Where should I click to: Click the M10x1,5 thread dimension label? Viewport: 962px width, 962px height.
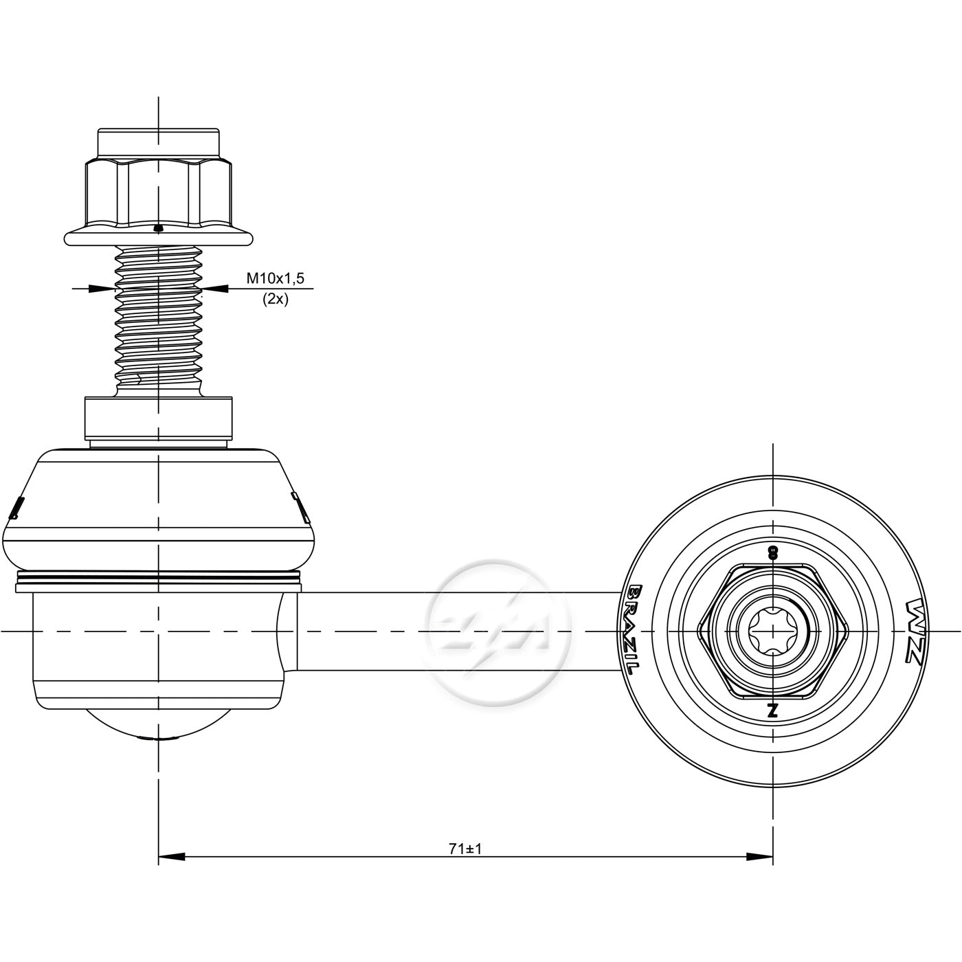pyautogui.click(x=275, y=278)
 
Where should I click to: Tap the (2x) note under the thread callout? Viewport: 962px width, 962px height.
pyautogui.click(x=275, y=299)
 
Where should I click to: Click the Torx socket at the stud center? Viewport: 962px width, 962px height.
pyautogui.click(x=772, y=631)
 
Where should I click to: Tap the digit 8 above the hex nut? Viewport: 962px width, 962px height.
pyautogui.click(x=772, y=553)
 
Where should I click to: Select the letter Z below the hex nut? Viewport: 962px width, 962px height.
pyautogui.click(x=772, y=710)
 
